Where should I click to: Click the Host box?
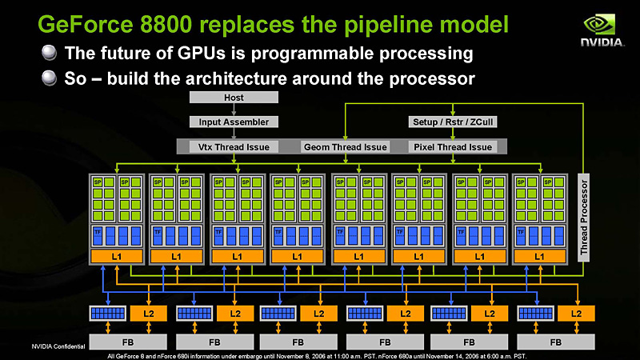click(x=234, y=97)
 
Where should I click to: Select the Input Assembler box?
click(x=234, y=122)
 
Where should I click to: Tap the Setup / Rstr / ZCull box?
click(x=453, y=122)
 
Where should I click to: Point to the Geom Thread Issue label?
click(x=345, y=146)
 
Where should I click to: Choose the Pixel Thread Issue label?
click(x=452, y=146)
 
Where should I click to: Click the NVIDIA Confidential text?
click(x=58, y=346)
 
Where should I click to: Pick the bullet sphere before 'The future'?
click(x=50, y=54)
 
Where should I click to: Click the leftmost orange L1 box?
click(x=115, y=256)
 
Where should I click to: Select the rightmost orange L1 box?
click(x=539, y=256)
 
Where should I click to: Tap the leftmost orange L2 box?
click(x=148, y=312)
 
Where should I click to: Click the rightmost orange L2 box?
click(x=578, y=312)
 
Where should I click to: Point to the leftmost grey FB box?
click(x=125, y=341)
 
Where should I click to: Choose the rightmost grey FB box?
click(x=555, y=341)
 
